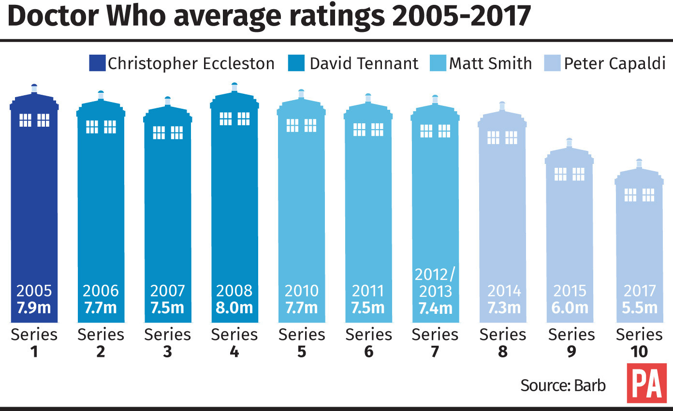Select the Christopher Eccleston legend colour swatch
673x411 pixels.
tap(97, 63)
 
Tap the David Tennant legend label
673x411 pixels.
tap(364, 63)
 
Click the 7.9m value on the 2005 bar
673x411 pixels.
tap(34, 308)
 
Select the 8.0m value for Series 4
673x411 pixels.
tap(234, 308)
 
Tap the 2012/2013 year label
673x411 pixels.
tap(435, 283)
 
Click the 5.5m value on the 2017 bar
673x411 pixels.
tap(639, 308)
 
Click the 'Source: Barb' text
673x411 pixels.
tap(563, 385)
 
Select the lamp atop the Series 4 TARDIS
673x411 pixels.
tap(234, 87)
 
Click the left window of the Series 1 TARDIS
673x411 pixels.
tap(25, 120)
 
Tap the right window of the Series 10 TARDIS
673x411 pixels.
tap(648, 195)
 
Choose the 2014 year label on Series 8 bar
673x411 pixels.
tap(504, 291)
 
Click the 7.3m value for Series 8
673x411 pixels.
tap(504, 308)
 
